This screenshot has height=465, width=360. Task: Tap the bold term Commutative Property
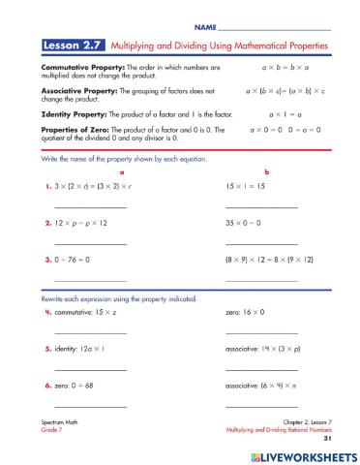pyautogui.click(x=77, y=68)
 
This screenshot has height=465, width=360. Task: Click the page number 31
pyautogui.click(x=328, y=438)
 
